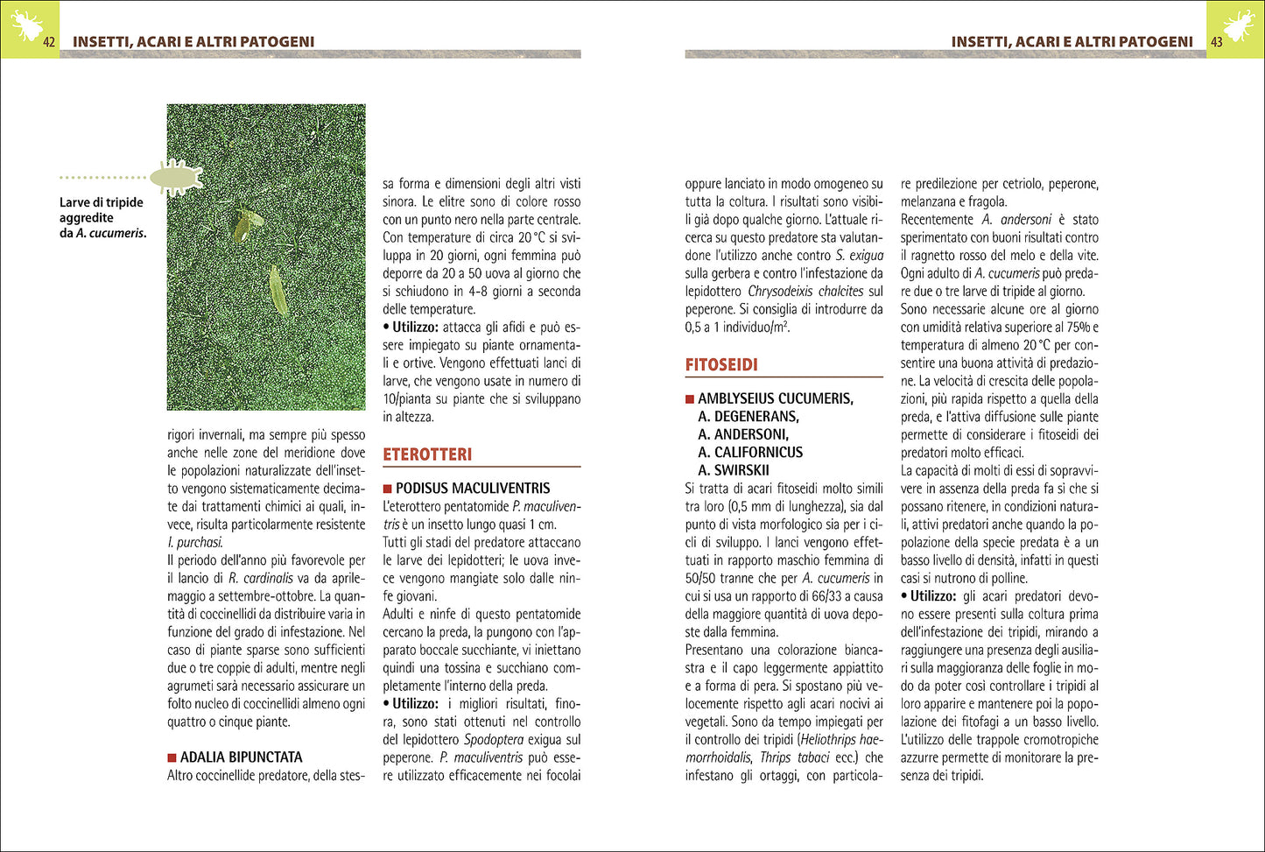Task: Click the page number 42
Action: click(49, 42)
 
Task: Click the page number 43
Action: click(1216, 42)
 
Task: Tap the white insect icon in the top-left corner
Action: click(27, 25)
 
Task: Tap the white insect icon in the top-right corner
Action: click(1238, 25)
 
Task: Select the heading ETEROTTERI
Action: click(427, 454)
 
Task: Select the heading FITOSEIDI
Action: click(721, 365)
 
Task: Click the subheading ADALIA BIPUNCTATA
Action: click(241, 757)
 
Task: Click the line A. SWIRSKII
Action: click(734, 470)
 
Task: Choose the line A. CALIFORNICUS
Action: click(750, 453)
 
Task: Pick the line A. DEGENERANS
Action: click(748, 417)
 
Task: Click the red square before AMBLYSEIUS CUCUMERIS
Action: click(690, 399)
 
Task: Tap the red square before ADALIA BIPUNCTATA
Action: click(172, 757)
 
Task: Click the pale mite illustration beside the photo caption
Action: click(177, 178)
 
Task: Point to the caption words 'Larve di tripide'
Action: click(101, 202)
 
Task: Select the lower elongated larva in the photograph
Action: click(278, 292)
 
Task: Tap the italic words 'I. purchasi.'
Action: click(194, 542)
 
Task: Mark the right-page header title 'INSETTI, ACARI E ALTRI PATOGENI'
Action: click(1072, 42)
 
